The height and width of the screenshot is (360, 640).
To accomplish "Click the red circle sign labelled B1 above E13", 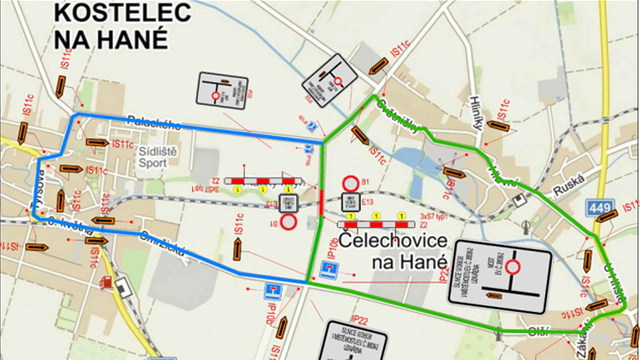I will click(x=350, y=183).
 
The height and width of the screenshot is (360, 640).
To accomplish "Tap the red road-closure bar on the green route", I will click(x=320, y=204).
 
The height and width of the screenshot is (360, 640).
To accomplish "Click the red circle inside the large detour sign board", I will click(x=514, y=268).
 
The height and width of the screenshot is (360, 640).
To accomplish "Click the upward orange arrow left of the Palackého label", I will click(x=61, y=86).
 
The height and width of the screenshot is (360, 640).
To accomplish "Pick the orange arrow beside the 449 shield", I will click(x=607, y=216).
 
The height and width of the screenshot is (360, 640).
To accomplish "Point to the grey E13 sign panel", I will click(x=350, y=203).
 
